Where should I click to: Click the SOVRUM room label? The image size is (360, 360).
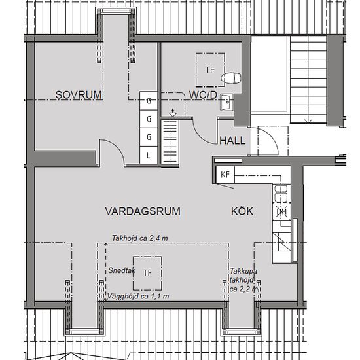79,95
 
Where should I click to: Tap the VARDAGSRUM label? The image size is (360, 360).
142,211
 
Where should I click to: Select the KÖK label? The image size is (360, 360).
242,211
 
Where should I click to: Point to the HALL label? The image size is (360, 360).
232,140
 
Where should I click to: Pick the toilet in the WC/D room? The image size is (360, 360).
232,79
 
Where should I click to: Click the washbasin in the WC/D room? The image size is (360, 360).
226,102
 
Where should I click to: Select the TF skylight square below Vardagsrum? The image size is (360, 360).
148,273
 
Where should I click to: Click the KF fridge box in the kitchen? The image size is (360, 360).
225,175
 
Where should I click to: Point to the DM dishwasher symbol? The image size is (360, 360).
281,211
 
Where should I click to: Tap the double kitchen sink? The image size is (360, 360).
281,193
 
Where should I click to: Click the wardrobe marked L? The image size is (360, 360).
149,155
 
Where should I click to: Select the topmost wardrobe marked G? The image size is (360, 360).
149,101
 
